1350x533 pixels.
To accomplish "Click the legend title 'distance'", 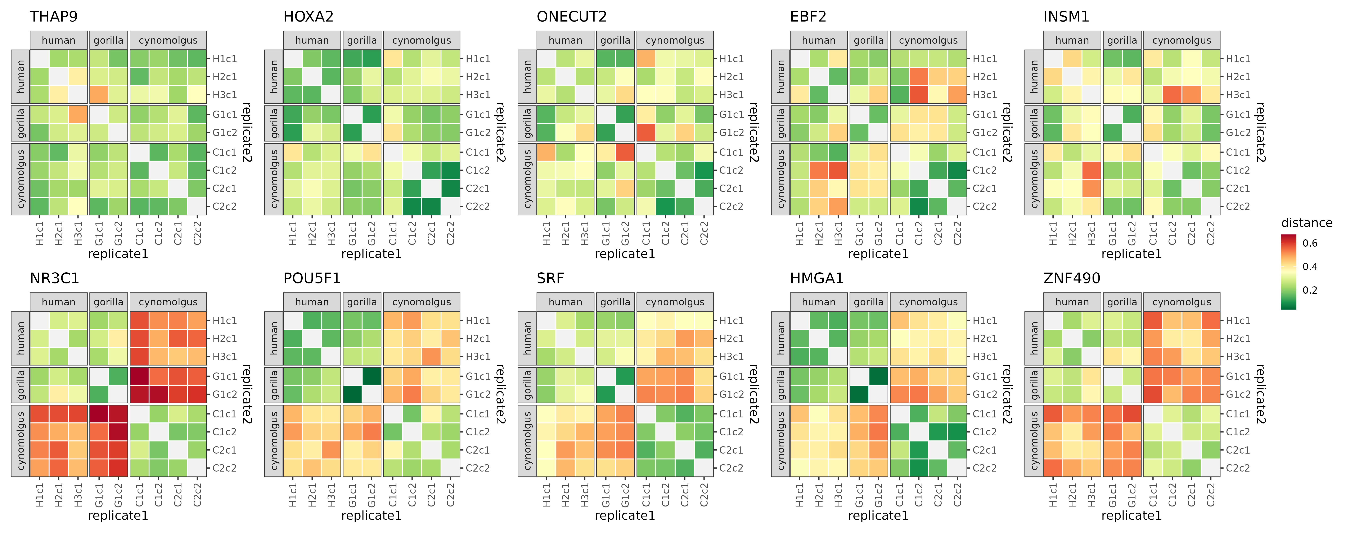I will click(x=1306, y=223).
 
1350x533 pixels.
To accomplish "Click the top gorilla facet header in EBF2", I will click(x=868, y=40).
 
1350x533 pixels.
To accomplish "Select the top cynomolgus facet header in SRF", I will click(x=675, y=302).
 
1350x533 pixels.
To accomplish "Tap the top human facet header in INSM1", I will click(x=1072, y=40).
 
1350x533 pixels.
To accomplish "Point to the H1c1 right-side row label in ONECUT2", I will click(x=731, y=59).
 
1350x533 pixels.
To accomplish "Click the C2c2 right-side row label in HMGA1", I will click(x=985, y=468).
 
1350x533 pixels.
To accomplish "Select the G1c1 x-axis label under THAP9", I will click(x=99, y=233).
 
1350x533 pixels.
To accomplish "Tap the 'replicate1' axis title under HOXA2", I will click(x=371, y=254).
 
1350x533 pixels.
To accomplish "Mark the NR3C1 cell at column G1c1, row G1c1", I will click(x=99, y=376).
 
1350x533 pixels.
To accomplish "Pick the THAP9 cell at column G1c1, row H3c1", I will click(x=99, y=95).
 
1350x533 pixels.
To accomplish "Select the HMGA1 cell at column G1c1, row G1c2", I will click(x=859, y=394).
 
